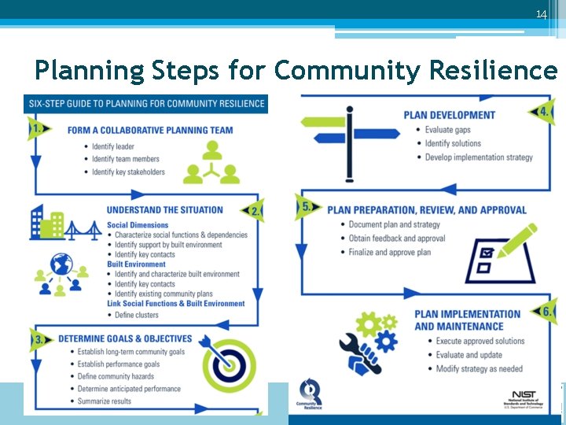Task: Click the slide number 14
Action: tap(541, 15)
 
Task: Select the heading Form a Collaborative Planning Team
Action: tap(150, 131)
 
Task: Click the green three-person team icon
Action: tap(210, 162)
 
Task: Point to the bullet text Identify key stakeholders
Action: tap(128, 172)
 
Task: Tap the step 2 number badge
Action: tap(254, 211)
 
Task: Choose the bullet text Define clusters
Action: tap(137, 315)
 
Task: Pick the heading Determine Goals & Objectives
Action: tap(125, 339)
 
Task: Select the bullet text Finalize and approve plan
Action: tap(390, 253)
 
